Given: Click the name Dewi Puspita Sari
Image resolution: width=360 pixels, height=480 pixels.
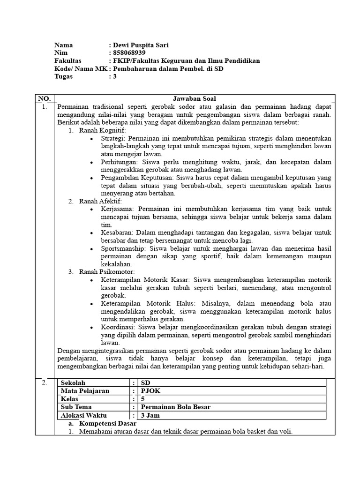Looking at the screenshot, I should pos(140,45).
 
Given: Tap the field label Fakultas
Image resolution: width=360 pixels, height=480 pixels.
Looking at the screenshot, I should pos(68,61).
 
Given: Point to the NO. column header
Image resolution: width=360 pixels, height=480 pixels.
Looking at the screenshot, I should pos(45,98).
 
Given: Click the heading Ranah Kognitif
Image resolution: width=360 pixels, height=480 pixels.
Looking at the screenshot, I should pos(99,130).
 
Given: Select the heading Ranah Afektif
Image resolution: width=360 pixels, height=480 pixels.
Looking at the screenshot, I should pos(97,201).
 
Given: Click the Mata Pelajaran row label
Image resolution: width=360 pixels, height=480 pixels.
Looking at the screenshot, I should pos(84,391).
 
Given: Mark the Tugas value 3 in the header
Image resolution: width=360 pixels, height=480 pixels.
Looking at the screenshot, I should pos(114,77).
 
